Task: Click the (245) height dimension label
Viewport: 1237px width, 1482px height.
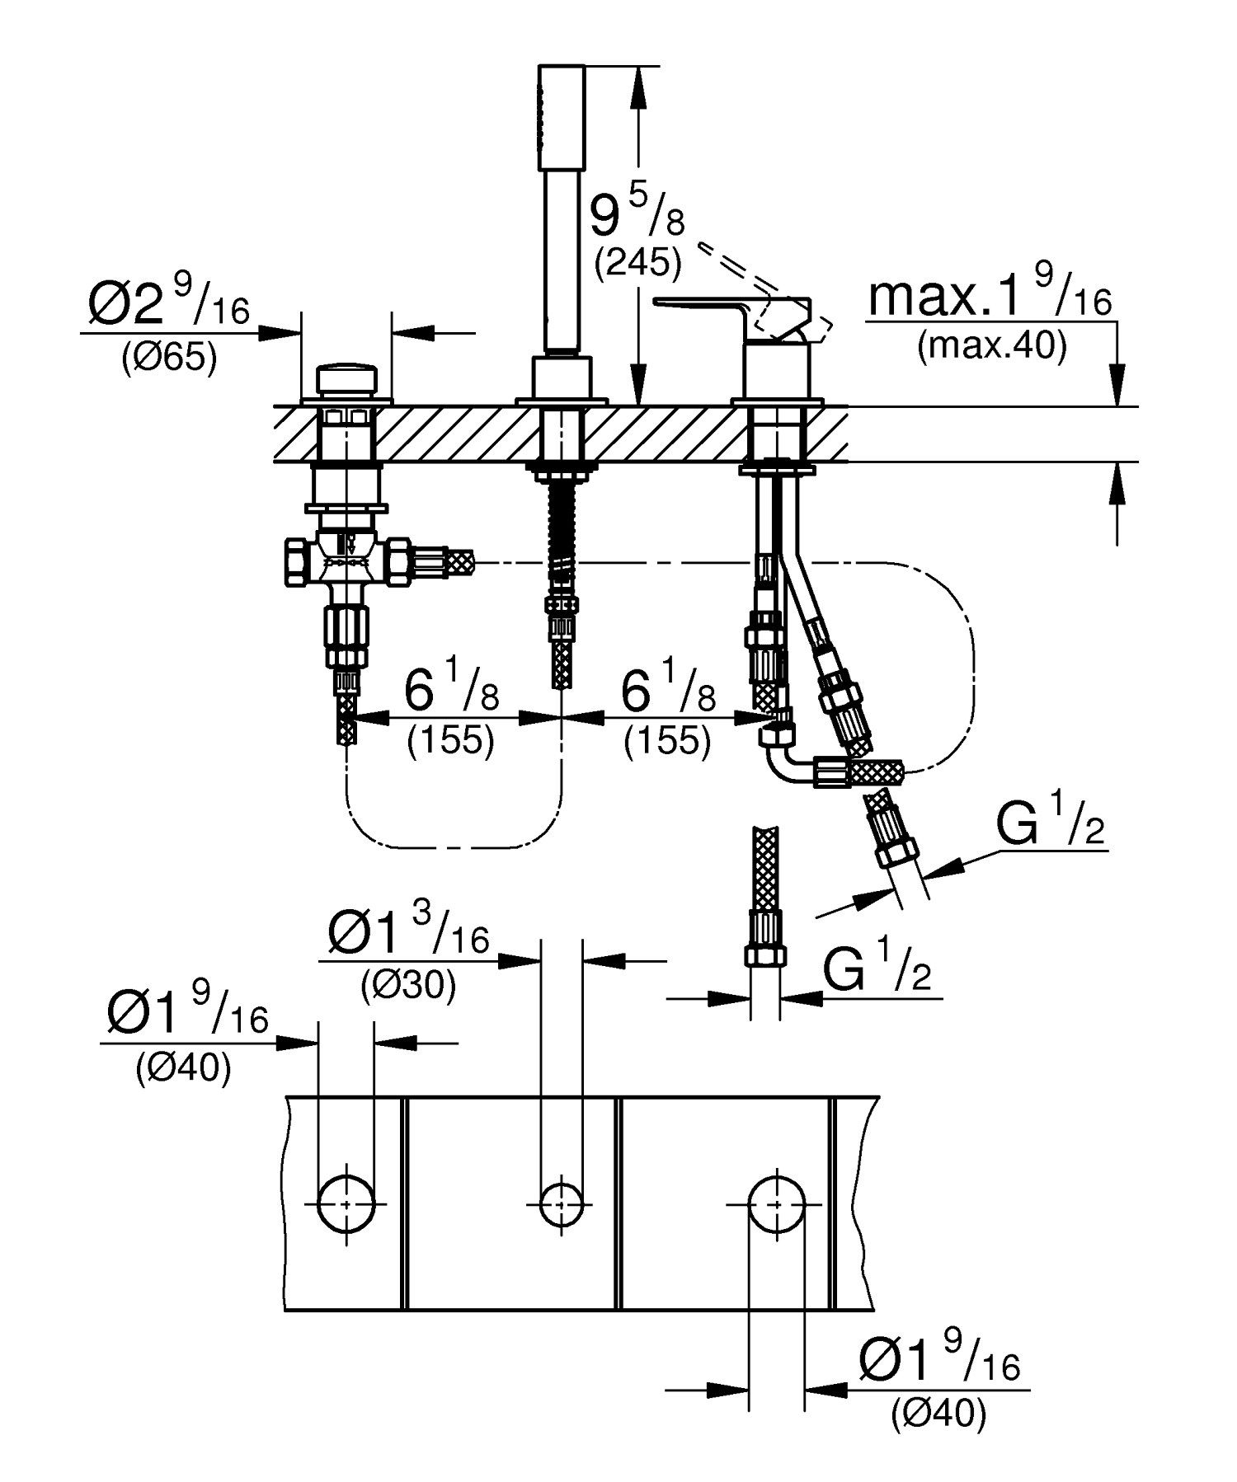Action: (637, 263)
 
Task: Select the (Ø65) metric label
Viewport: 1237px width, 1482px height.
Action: (170, 359)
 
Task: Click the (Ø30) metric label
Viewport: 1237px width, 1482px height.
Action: (408, 985)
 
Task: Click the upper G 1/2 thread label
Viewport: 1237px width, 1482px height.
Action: (1047, 828)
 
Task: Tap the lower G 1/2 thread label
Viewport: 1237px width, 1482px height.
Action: (876, 970)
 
